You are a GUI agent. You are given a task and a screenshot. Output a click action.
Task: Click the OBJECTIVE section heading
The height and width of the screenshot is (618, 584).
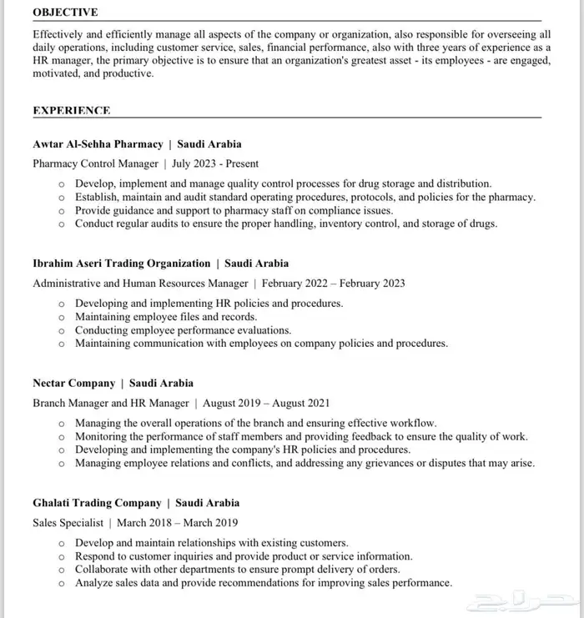point(65,13)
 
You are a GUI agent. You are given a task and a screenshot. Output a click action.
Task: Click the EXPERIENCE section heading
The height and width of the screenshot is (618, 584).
point(72,110)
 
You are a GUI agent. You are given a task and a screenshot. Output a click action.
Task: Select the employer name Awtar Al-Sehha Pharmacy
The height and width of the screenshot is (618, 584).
point(98,143)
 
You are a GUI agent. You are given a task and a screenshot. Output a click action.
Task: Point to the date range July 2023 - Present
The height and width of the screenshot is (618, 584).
point(215,163)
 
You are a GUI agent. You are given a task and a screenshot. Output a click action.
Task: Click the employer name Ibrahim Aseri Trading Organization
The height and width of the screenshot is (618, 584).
point(121,263)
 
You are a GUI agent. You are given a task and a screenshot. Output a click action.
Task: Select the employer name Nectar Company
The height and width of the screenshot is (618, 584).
point(73,383)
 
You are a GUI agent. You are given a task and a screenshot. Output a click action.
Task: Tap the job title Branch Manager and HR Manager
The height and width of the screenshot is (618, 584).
point(111,403)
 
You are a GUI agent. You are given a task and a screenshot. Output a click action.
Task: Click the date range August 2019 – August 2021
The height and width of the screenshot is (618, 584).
point(266,403)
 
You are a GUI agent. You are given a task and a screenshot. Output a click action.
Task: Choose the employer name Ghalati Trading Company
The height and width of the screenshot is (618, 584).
point(97,503)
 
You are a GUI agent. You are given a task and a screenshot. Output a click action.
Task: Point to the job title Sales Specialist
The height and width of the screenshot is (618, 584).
point(68,523)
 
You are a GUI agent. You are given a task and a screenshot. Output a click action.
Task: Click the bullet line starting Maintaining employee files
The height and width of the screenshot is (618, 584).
point(166,317)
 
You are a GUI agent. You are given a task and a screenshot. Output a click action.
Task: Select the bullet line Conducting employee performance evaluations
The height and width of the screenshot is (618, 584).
point(183,330)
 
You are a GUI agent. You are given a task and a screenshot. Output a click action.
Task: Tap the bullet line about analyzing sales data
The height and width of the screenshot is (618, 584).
point(263,583)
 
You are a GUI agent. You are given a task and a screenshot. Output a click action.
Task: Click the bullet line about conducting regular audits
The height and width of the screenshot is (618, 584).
point(285,224)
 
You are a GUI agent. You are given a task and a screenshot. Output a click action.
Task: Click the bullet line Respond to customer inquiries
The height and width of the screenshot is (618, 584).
point(244,556)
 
